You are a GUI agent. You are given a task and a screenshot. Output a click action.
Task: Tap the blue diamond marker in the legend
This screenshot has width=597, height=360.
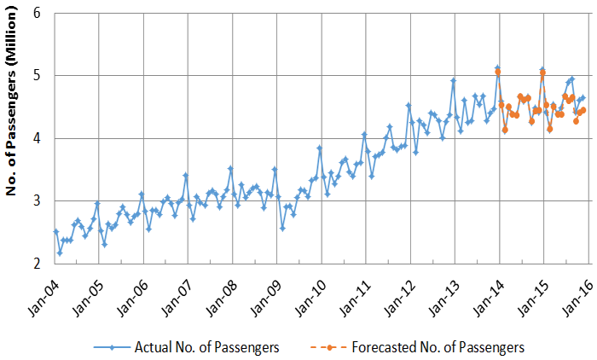(115, 347)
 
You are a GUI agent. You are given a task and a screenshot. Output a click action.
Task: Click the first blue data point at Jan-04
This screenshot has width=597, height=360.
(55, 231)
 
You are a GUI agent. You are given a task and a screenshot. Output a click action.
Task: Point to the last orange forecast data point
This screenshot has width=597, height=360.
(583, 110)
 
